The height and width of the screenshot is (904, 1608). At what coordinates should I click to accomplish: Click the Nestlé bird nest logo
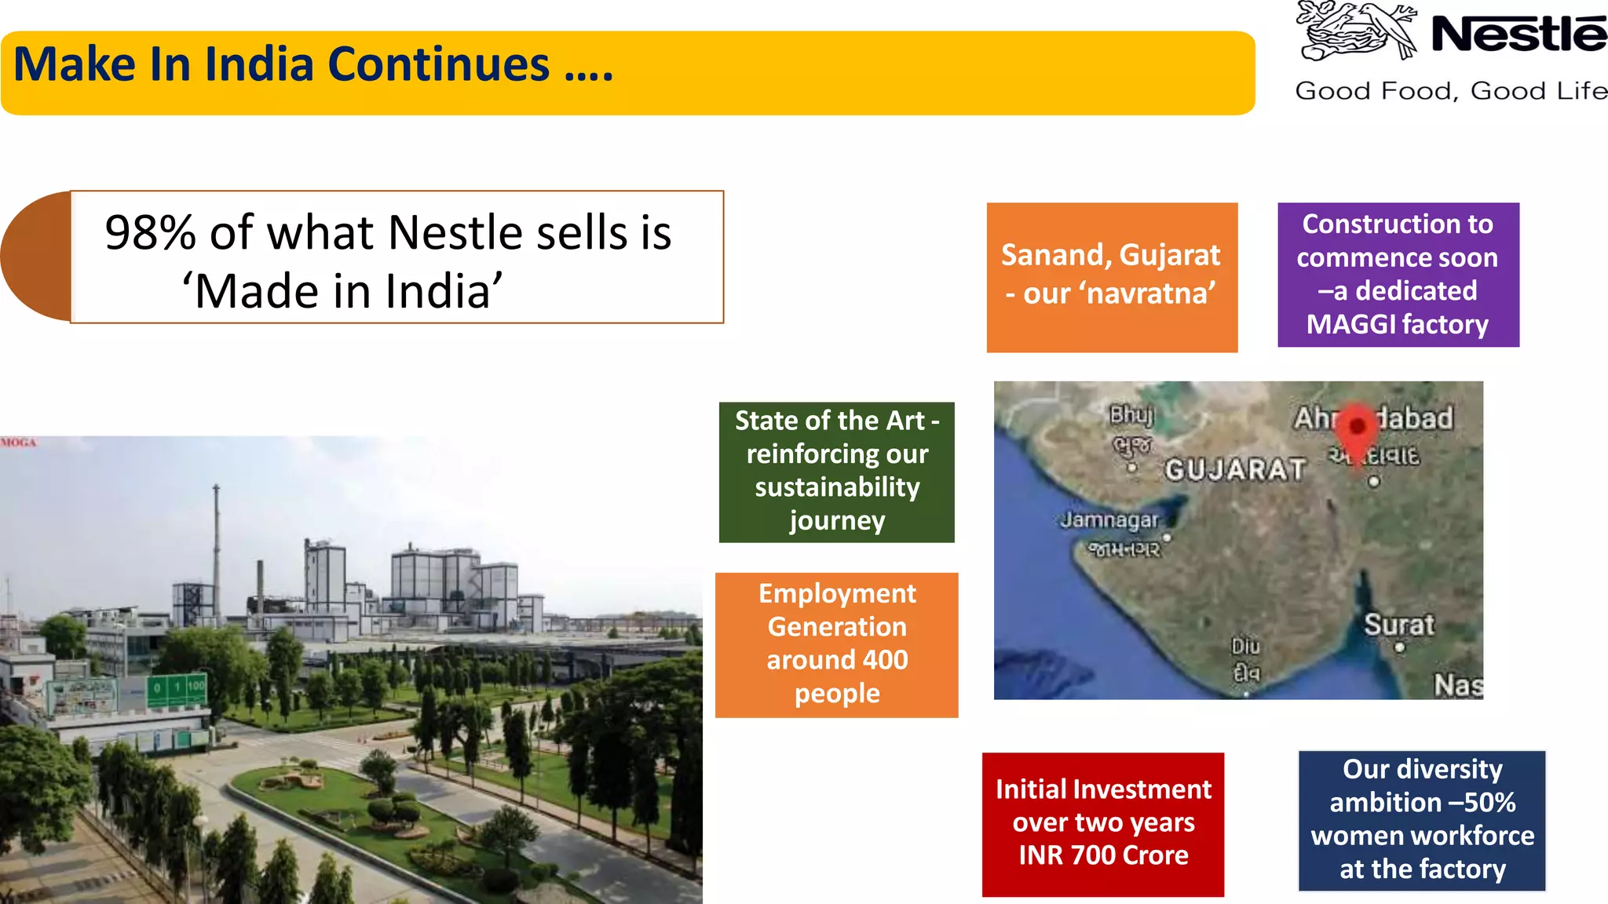pyautogui.click(x=1356, y=31)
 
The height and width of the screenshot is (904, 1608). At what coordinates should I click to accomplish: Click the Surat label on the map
pyautogui.click(x=1398, y=625)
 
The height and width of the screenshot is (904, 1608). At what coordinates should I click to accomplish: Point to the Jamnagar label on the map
pyautogui.click(x=1109, y=519)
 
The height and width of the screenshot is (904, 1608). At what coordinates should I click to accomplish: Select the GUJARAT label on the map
pyautogui.click(x=1235, y=470)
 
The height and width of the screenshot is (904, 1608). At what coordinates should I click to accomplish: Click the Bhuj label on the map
pyautogui.click(x=1131, y=414)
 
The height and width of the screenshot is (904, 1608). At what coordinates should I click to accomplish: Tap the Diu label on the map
pyautogui.click(x=1245, y=647)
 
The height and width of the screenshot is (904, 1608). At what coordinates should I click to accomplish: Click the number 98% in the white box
pyautogui.click(x=150, y=233)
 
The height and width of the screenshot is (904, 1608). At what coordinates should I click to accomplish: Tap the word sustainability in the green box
pyautogui.click(x=837, y=487)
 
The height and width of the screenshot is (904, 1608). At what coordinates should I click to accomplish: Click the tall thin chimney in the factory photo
pyautogui.click(x=216, y=541)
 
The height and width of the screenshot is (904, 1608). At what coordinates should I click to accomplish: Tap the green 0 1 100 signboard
pyautogui.click(x=177, y=688)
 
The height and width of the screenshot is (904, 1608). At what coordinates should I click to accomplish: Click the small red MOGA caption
pyautogui.click(x=19, y=443)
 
